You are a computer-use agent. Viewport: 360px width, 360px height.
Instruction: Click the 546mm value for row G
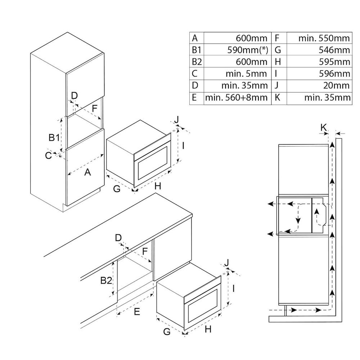coord(337,50)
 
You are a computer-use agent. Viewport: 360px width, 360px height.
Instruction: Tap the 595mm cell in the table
coord(337,62)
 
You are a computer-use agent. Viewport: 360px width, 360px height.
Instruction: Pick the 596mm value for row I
coord(337,74)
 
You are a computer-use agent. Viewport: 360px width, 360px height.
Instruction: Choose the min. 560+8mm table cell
coord(237,98)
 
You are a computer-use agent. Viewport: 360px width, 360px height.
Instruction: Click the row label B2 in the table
coord(197,62)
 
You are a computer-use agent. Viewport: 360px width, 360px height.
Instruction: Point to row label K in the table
coord(278,98)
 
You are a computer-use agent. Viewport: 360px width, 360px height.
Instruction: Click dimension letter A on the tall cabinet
coord(87,172)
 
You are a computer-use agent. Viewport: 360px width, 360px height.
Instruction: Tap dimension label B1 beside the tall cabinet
coord(54,137)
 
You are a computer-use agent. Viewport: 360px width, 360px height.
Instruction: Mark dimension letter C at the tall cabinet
coord(48,156)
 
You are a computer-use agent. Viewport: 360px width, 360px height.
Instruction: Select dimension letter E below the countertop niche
coord(136,312)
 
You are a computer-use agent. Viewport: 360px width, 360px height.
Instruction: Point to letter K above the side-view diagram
coord(323,127)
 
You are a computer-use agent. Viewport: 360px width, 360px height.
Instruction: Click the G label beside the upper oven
coord(116,188)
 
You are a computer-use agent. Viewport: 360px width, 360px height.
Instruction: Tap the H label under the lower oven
coord(208,329)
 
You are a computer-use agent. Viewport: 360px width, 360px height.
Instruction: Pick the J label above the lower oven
coord(227,264)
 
